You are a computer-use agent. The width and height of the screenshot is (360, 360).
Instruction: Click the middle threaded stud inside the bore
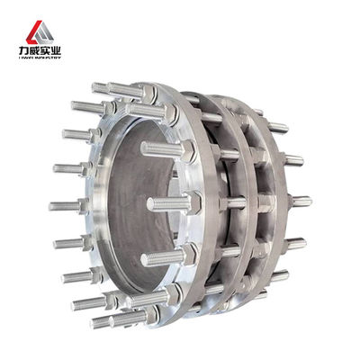[x=166, y=203]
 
